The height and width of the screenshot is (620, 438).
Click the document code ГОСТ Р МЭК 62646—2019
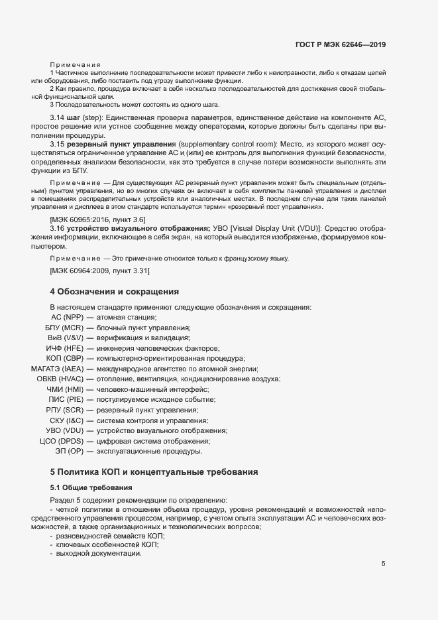click(x=340, y=45)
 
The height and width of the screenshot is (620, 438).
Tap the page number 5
click(x=383, y=564)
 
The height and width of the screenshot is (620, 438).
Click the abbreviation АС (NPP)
click(x=66, y=317)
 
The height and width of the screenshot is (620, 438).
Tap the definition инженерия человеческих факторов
click(x=157, y=348)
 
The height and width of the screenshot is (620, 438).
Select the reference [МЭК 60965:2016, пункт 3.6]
click(x=98, y=219)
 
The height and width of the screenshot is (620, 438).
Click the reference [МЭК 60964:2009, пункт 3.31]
click(x=100, y=271)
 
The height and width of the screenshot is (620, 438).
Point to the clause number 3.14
click(x=59, y=117)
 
